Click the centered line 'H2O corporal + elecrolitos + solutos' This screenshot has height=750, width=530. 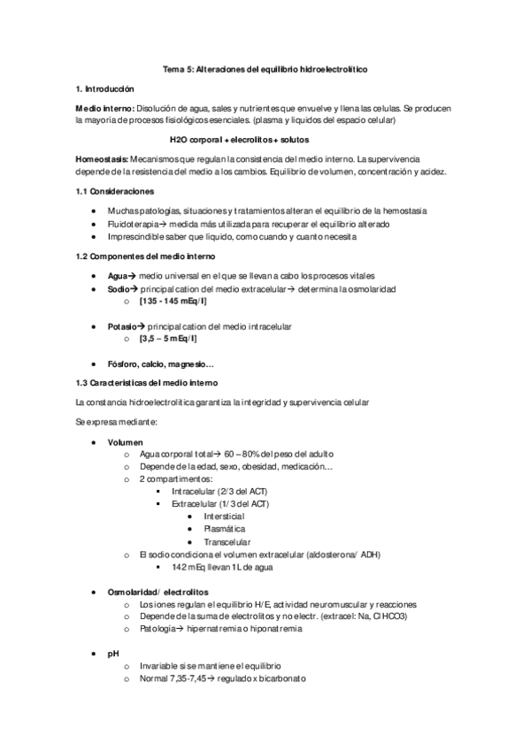265,139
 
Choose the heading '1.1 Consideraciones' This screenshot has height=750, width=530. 115,191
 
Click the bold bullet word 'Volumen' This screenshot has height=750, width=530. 125,441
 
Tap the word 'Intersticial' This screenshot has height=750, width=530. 224,516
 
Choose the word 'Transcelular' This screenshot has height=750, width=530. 227,541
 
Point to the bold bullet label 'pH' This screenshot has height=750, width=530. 113,653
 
